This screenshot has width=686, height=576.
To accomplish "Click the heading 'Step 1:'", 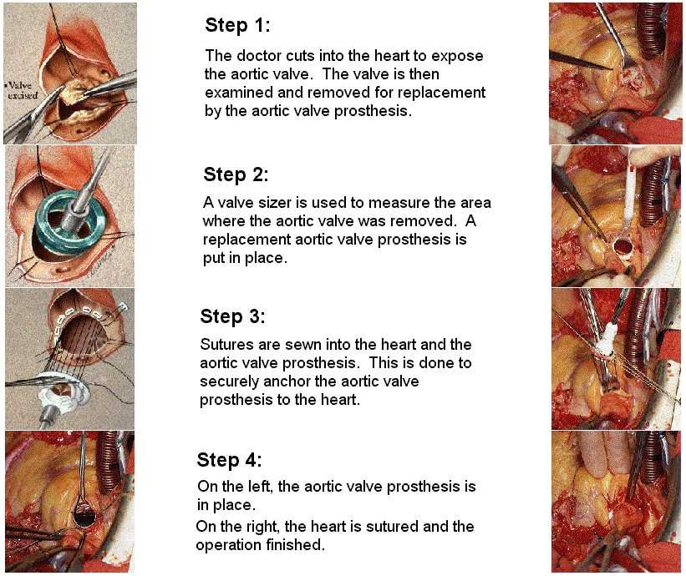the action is pyautogui.click(x=237, y=25).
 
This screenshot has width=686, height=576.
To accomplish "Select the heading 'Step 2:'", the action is pyautogui.click(x=236, y=174).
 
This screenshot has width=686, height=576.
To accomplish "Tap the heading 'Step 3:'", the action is pyautogui.click(x=233, y=316).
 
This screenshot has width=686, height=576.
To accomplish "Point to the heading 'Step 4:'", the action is pyautogui.click(x=229, y=460).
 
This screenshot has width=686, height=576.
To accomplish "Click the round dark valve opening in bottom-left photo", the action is pyautogui.click(x=84, y=516).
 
